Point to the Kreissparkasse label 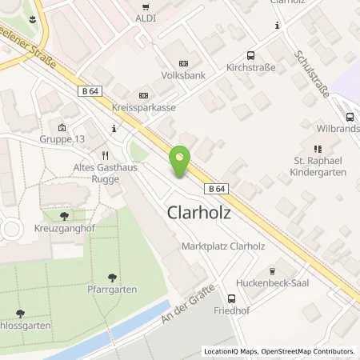coord(144,107)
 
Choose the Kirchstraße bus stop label coord(251,69)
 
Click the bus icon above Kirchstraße coord(251,55)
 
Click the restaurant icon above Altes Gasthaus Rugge coord(104,155)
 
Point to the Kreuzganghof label coord(64,229)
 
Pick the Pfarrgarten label coord(112,289)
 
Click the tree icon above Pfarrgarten coord(112,275)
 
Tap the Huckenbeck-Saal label coord(274,283)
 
